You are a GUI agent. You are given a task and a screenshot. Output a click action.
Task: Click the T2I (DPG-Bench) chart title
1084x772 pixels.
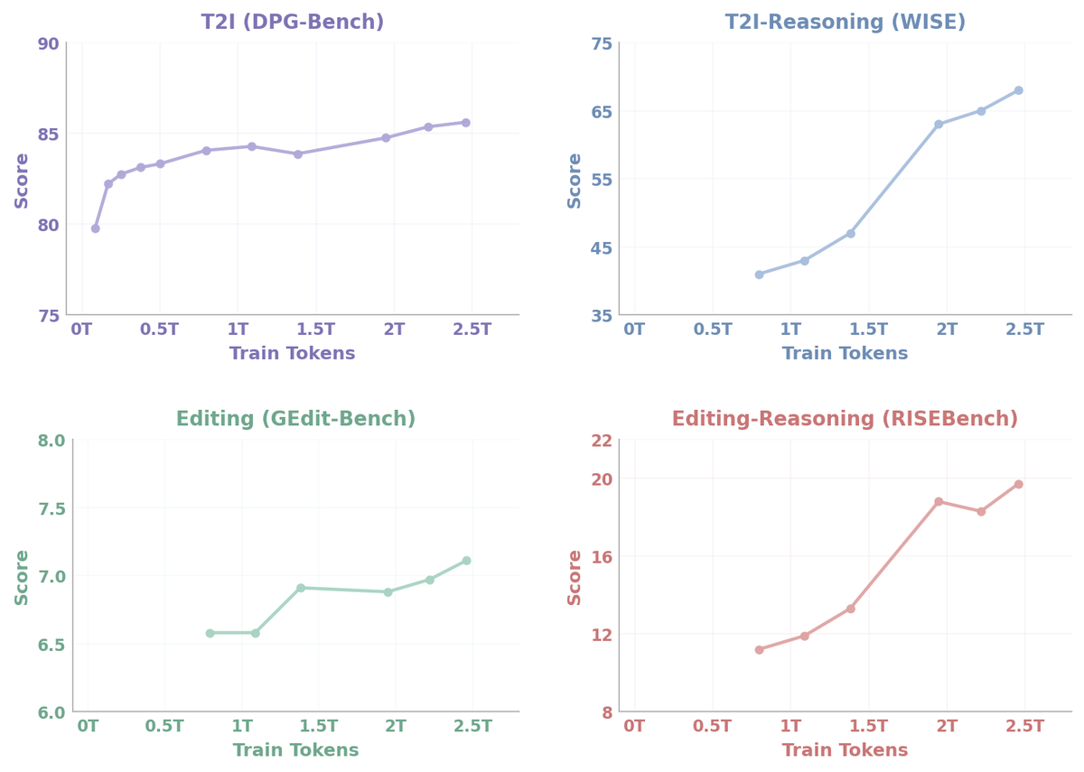click(x=293, y=23)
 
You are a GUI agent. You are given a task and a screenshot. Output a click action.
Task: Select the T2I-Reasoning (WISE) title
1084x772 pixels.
click(x=845, y=23)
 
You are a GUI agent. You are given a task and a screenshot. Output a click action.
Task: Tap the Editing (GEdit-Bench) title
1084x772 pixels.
click(x=295, y=419)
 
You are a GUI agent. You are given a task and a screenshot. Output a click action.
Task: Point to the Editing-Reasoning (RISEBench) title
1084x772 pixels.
click(x=845, y=419)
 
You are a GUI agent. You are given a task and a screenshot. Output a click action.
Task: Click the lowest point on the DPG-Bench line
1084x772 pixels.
click(x=96, y=228)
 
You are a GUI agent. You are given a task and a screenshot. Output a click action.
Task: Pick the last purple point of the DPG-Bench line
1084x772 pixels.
click(x=465, y=123)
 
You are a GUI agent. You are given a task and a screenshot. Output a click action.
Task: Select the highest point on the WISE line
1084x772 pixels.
click(x=1019, y=90)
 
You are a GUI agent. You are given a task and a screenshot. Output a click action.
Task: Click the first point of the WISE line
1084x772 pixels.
click(x=760, y=274)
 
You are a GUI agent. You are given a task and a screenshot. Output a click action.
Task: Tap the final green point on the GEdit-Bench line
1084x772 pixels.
click(x=466, y=561)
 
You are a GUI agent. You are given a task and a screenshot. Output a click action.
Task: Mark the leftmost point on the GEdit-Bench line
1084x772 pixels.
click(x=210, y=633)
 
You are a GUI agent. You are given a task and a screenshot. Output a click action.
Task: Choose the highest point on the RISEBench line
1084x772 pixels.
click(x=1019, y=484)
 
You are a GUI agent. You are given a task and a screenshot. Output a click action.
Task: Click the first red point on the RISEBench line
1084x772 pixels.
click(x=760, y=649)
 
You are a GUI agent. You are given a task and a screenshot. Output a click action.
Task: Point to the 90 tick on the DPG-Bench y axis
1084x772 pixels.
click(x=49, y=44)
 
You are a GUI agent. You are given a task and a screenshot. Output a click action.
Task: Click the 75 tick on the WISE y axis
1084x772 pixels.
click(x=602, y=44)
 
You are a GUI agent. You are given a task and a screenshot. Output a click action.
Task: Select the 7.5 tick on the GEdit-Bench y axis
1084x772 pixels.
click(x=51, y=509)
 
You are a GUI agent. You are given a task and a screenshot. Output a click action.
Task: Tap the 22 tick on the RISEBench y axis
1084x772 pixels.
click(x=602, y=441)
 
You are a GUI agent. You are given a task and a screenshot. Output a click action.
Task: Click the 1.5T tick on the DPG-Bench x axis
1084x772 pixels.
click(x=315, y=330)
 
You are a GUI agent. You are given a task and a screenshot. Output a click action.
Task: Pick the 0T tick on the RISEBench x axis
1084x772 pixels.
click(x=634, y=726)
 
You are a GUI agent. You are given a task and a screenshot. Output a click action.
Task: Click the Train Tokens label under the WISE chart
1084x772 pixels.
click(x=845, y=353)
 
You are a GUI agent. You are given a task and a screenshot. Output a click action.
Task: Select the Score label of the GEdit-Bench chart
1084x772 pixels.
click(x=22, y=578)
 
